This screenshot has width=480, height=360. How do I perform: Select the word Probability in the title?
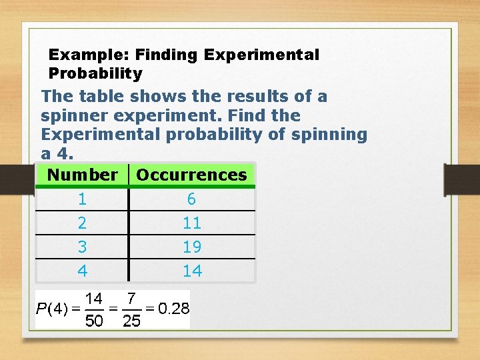point(95,73)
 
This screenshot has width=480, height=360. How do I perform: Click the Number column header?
point(83,175)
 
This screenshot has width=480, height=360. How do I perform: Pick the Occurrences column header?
point(191,175)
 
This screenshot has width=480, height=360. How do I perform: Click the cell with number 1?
point(82,199)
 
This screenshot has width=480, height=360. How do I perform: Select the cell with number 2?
point(82,223)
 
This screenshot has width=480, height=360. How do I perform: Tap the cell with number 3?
point(82,247)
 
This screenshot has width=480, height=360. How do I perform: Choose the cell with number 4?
point(82,271)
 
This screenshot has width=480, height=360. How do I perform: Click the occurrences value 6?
point(191,199)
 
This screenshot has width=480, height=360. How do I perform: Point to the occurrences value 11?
point(192,223)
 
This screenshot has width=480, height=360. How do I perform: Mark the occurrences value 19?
point(192,247)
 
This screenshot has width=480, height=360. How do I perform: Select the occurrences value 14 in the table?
point(192,271)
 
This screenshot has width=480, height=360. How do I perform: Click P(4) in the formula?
point(52,309)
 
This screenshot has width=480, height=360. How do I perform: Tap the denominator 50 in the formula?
point(94,321)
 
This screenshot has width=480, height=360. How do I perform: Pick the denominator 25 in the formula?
point(132,321)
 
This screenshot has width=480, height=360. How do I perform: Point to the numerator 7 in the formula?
point(132,297)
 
